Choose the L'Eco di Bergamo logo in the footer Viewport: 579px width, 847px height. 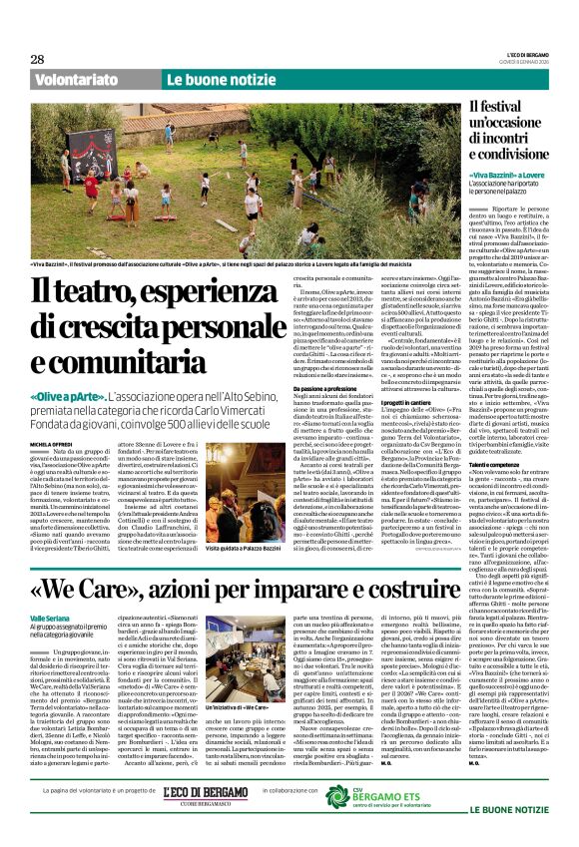pyautogui.click(x=206, y=819)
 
